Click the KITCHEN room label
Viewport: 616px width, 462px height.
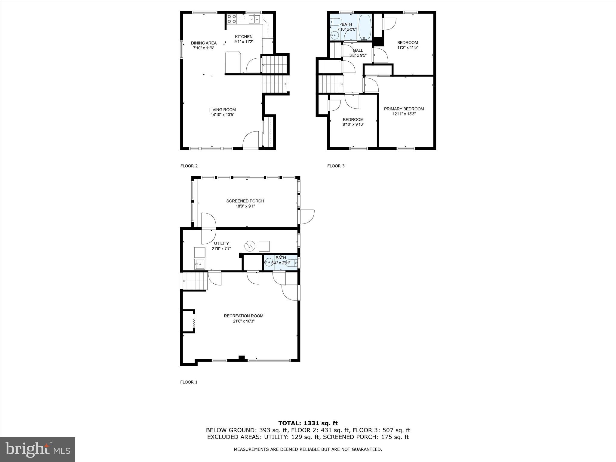(x=244, y=37)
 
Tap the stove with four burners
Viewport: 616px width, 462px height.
(x=232, y=19)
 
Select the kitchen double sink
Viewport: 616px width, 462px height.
(x=254, y=19)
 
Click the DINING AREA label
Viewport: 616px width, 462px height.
(x=204, y=43)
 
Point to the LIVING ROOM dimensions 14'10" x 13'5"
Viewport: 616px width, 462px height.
(x=222, y=115)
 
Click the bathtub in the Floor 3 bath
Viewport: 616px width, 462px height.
(x=365, y=27)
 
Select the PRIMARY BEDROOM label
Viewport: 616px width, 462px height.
(x=404, y=109)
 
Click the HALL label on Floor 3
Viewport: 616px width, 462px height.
(x=358, y=50)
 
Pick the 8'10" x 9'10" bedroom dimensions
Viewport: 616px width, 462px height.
(x=353, y=124)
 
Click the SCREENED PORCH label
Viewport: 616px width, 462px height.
(x=245, y=201)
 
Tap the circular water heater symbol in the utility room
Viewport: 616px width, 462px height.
(x=249, y=246)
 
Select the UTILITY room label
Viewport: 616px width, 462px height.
(x=221, y=243)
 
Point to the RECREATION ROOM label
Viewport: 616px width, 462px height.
(x=243, y=316)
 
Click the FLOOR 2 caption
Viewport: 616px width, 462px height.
(x=189, y=166)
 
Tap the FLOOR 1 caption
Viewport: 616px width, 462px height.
(x=189, y=382)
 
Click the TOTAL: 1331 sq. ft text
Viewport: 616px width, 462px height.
(x=308, y=423)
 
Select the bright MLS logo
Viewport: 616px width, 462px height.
(x=38, y=449)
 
